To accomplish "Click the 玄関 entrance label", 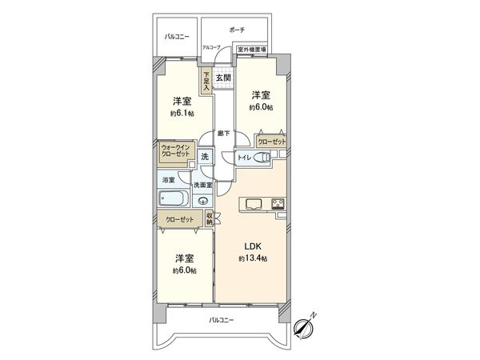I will (223, 78).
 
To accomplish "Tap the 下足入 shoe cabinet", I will (206, 83).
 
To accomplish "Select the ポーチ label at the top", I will (236, 30).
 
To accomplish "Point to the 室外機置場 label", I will (251, 50).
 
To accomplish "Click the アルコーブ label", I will (211, 48).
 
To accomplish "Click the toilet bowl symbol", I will (262, 157).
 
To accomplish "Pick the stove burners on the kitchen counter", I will (278, 202).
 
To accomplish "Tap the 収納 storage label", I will (209, 218).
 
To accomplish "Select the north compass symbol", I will (303, 325).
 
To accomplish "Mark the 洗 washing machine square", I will (205, 157).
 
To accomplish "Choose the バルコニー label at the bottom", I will (222, 320).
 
